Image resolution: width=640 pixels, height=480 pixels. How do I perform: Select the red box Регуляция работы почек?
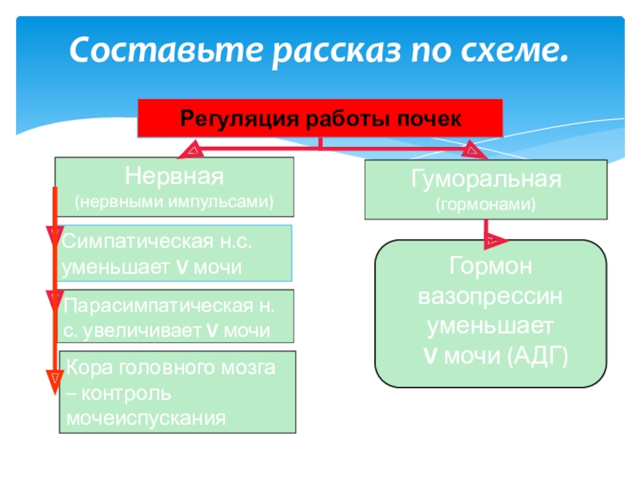coord(321,118)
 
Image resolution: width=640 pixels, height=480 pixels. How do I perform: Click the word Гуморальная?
coord(486,178)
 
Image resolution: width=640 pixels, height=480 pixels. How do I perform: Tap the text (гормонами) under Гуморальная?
coord(486,205)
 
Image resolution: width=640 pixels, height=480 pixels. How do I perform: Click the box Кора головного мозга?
coord(178,392)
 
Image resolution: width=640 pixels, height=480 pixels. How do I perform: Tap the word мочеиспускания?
coord(144,418)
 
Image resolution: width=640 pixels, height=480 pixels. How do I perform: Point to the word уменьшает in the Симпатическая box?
coord(102,266)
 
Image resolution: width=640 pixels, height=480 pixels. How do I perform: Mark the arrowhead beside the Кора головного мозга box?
coord(54,376)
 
